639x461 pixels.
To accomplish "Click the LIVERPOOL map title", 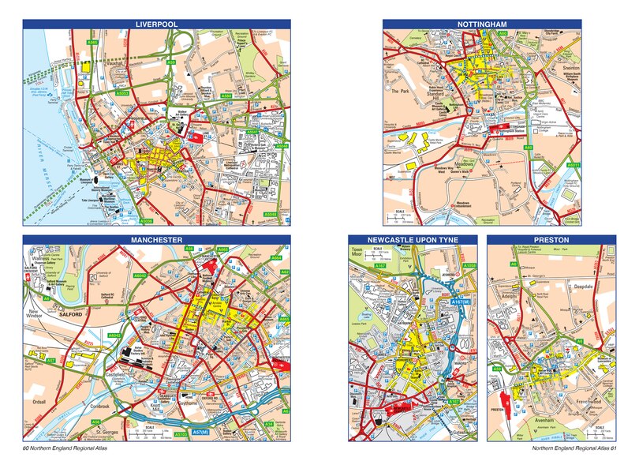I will coord(156,24).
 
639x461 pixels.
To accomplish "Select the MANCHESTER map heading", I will coord(156,240).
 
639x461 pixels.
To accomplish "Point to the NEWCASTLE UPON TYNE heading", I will coord(413,240).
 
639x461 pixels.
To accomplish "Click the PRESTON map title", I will coord(551,240).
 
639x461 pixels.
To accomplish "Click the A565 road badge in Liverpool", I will coord(92,40).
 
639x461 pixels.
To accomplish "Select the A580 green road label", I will coord(226,96).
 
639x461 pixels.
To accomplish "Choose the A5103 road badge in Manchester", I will coord(181,433).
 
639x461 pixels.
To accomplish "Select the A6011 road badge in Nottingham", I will coord(573,165).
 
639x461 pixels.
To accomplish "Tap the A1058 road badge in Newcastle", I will coord(469,266).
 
